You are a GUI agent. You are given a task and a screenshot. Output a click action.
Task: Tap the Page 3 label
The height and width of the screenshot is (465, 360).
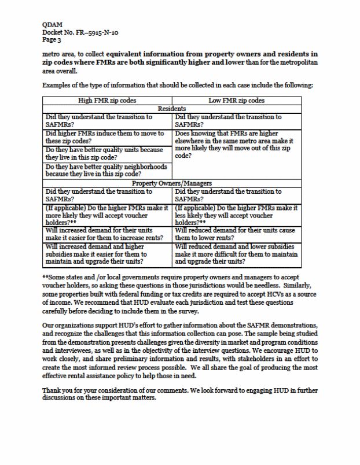[52, 40]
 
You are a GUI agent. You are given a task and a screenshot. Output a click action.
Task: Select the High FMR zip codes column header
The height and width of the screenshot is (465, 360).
[107, 101]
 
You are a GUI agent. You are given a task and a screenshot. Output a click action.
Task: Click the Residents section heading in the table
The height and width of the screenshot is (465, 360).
[171, 109]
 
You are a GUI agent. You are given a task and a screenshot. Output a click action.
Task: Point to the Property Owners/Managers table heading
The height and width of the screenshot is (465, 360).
[171, 183]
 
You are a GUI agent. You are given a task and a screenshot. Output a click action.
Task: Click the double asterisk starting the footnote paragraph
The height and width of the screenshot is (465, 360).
[45, 277]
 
